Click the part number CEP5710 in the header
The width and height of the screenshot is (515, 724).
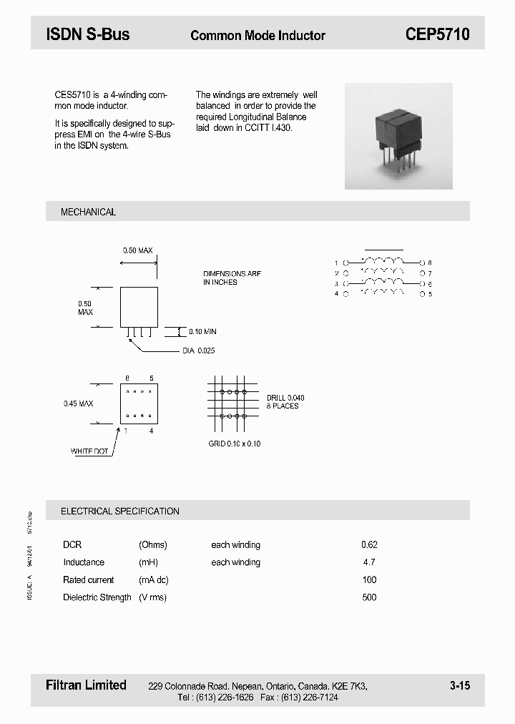(437, 34)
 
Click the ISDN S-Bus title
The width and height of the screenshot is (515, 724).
(88, 34)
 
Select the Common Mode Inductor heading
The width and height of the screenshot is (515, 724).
(257, 35)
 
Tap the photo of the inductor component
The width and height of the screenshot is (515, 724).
(398, 136)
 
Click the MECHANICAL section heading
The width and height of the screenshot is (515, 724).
(88, 212)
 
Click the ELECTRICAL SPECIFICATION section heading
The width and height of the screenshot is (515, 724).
(119, 511)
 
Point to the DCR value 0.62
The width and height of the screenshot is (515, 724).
(369, 544)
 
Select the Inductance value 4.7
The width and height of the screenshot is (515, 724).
(369, 562)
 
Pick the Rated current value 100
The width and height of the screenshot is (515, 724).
(369, 579)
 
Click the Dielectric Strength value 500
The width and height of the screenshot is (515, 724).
(369, 597)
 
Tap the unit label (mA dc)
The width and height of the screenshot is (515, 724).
(154, 579)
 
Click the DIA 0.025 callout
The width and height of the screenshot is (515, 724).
(199, 351)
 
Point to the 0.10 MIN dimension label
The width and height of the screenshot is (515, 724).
(202, 332)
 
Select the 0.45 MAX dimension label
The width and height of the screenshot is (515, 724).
(78, 403)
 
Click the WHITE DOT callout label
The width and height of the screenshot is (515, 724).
(89, 451)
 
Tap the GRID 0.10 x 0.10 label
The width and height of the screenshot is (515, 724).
(235, 444)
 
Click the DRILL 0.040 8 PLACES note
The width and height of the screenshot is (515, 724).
(285, 401)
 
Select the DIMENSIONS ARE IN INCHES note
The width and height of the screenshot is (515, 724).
(232, 278)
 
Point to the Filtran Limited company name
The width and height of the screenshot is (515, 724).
(86, 685)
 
